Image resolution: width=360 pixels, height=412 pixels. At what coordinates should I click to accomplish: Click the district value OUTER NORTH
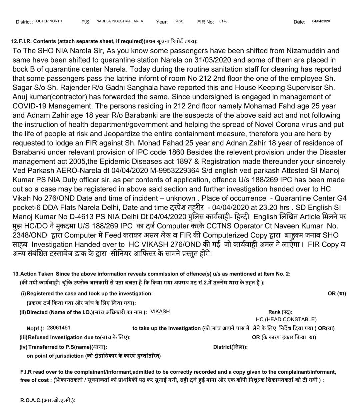[49, 21]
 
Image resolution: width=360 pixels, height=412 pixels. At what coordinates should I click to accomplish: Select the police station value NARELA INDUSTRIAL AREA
[120, 21]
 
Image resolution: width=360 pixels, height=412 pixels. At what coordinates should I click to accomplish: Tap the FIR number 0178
[223, 21]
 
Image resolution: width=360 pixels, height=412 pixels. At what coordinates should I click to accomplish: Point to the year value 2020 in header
[179, 21]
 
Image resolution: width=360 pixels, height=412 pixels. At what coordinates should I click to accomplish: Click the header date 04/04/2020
[321, 21]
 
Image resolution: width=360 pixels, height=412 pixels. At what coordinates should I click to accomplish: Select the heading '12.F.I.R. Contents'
[34, 41]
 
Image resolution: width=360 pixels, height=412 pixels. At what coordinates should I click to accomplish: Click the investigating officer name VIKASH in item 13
[160, 312]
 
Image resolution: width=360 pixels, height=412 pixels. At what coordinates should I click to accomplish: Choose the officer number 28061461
[59, 328]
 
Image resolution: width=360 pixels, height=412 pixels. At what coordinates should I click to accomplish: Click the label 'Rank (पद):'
[280, 312]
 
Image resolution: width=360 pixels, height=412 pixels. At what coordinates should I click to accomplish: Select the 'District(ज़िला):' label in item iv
[230, 347]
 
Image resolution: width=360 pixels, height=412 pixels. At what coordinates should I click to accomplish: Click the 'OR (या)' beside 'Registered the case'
[337, 294]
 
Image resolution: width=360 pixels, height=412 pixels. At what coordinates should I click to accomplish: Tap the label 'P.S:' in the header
[86, 22]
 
